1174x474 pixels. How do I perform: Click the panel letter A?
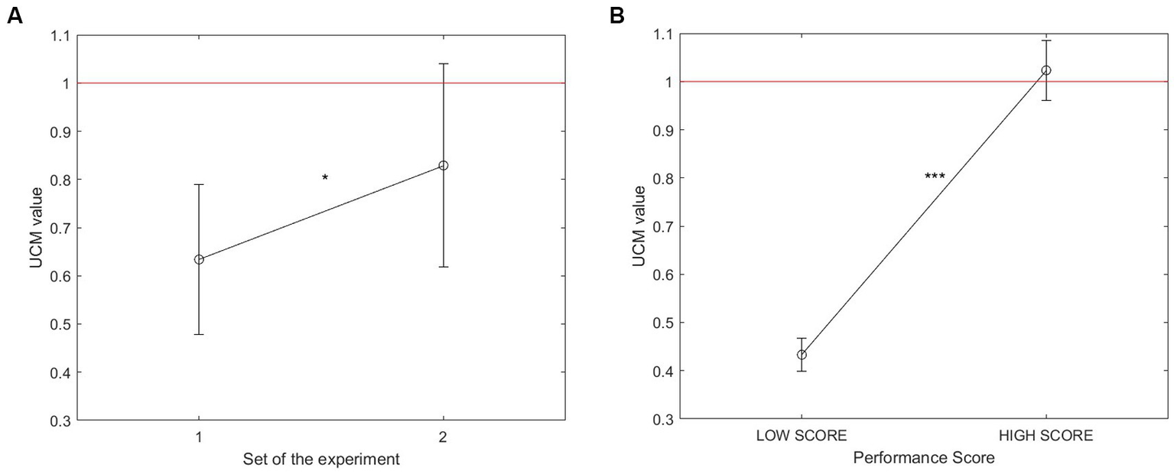click(14, 16)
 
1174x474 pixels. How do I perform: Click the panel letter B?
click(616, 16)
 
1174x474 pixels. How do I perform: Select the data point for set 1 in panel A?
click(199, 259)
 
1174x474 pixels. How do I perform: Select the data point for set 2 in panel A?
click(443, 165)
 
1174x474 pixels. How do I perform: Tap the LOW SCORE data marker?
click(802, 355)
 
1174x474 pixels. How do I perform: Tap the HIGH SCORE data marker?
click(1046, 70)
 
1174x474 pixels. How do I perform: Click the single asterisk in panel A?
click(325, 178)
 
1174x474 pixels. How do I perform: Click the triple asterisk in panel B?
click(935, 177)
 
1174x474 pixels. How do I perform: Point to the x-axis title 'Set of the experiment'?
click(320, 459)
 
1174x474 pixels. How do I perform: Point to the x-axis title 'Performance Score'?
click(924, 459)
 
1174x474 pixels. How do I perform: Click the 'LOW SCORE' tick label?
click(802, 437)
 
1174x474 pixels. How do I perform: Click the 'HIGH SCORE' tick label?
click(1046, 437)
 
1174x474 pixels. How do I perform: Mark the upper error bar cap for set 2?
click(443, 64)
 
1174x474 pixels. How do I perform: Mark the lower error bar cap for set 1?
click(199, 335)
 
